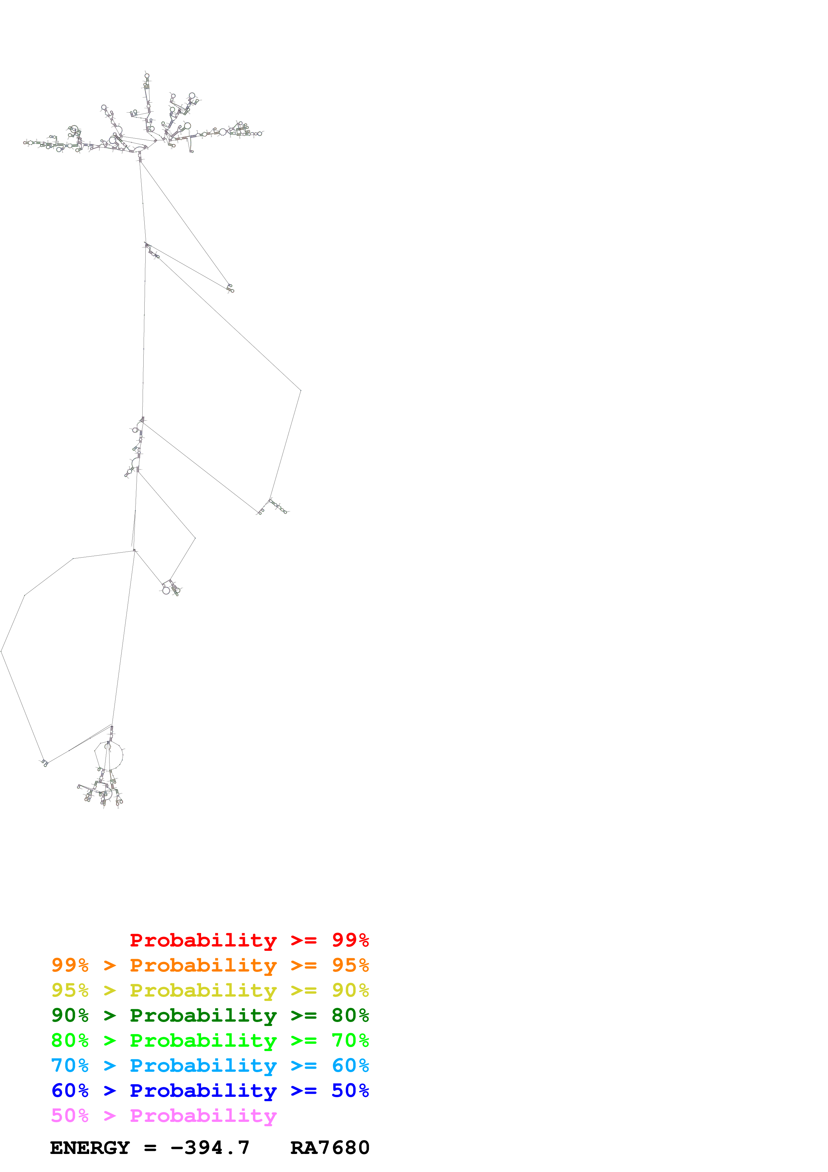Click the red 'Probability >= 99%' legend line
click(249, 940)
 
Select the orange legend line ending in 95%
click(210, 965)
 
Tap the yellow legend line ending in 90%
click(210, 990)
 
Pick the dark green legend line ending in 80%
click(210, 1015)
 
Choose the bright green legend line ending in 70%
click(210, 1040)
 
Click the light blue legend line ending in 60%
click(210, 1065)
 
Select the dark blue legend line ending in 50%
click(210, 1090)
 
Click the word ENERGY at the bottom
click(90, 1148)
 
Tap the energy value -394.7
click(210, 1148)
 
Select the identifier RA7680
click(330, 1148)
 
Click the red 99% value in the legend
click(350, 940)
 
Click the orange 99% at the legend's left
click(70, 965)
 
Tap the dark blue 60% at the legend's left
click(70, 1090)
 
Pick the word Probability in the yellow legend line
click(203, 990)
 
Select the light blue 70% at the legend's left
click(70, 1065)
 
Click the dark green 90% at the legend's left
click(70, 1015)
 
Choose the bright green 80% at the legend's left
click(70, 1040)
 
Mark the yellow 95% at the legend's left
click(70, 990)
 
